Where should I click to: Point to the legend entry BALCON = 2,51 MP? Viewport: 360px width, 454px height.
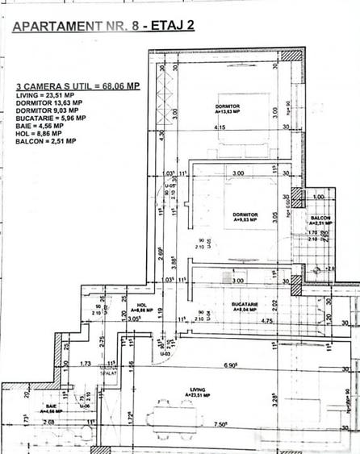46,141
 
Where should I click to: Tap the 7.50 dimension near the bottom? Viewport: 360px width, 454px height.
220,444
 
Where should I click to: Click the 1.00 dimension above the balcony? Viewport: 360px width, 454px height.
319,198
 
